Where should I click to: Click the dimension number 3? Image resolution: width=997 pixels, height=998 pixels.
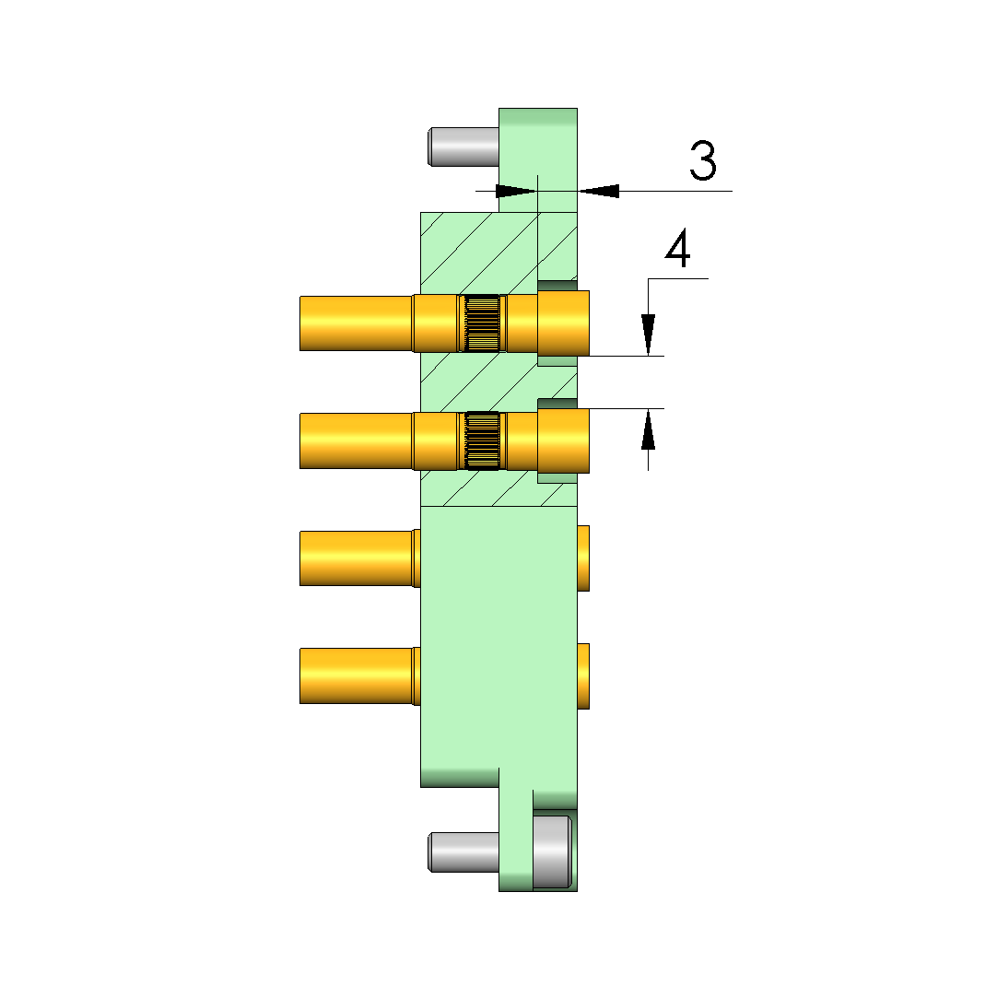703,161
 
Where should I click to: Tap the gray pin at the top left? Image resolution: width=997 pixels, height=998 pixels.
463,147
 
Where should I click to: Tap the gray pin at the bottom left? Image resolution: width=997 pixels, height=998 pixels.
463,852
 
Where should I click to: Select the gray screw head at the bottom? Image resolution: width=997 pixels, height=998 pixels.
552,851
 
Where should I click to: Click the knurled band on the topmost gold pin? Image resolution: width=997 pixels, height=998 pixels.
482,323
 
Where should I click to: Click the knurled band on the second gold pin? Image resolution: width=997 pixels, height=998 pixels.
482,440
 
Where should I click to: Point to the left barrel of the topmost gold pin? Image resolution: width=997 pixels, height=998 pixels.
356,323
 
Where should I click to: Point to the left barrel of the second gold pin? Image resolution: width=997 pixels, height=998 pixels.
356,441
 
